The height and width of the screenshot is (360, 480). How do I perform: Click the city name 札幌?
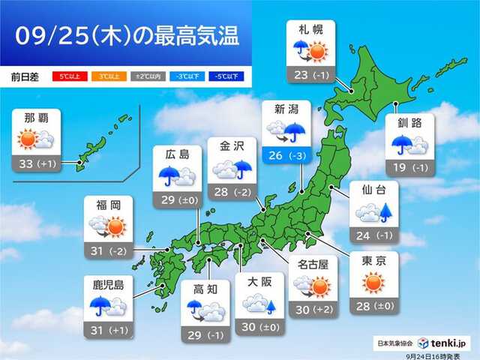tap(310, 30)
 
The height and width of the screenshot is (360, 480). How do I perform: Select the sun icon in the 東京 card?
tap(373, 284)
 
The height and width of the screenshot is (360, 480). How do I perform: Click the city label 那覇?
tap(37, 118)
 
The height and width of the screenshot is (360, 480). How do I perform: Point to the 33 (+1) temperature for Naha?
tap(37, 162)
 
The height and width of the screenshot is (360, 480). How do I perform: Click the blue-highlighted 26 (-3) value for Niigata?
tap(283, 155)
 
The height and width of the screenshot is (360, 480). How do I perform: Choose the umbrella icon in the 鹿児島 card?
tap(100, 305)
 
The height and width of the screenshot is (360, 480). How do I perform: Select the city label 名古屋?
tap(310, 263)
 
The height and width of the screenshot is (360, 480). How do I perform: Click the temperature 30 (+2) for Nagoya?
tap(310, 307)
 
